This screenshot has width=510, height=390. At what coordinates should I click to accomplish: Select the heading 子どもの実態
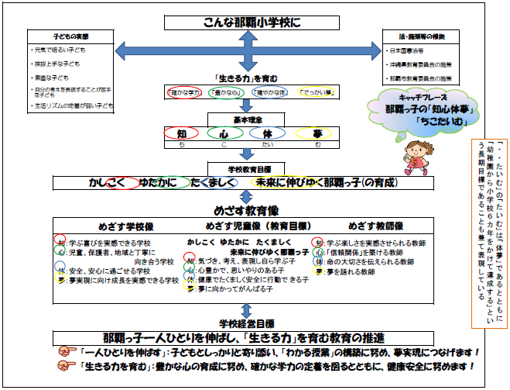coord(69,37)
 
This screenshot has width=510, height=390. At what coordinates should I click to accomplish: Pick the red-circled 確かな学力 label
coord(187,92)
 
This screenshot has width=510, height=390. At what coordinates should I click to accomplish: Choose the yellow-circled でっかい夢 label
coord(316,92)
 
